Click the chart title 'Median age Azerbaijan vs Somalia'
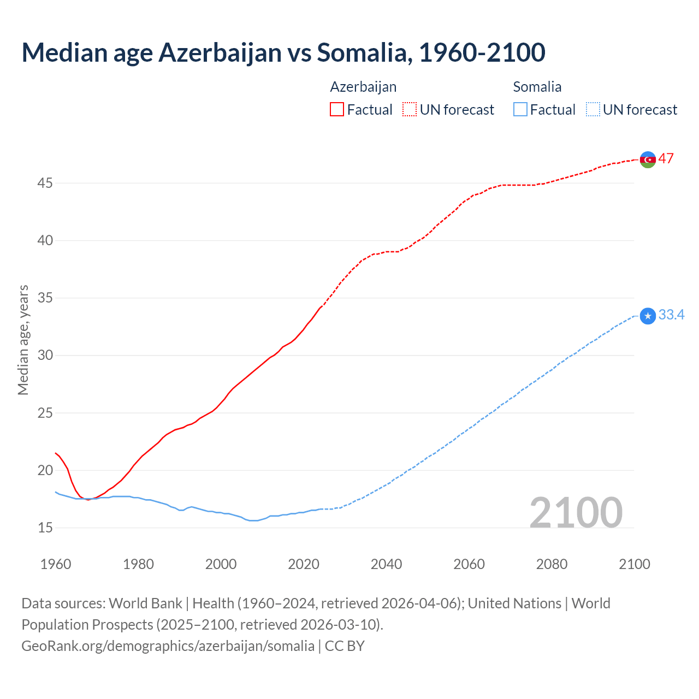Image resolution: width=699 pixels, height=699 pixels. tap(283, 52)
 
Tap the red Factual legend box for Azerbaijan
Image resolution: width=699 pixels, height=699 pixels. tap(337, 109)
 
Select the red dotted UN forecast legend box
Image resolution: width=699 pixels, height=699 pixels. tap(410, 109)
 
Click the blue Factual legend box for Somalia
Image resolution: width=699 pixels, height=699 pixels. tap(520, 109)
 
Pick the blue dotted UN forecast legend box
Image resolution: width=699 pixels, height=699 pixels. tap(593, 109)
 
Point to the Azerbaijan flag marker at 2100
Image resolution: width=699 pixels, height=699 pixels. tap(648, 159)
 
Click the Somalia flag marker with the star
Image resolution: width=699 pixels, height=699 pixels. tap(648, 316)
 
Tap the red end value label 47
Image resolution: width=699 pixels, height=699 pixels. tap(666, 158)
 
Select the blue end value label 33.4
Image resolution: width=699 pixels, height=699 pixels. tap(671, 315)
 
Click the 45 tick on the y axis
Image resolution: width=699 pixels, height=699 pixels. tap(45, 183)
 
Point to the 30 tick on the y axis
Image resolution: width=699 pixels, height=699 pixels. tap(45, 356)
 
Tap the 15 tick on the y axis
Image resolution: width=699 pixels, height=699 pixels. tap(45, 528)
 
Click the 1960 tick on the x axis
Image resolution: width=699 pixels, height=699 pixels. tap(56, 564)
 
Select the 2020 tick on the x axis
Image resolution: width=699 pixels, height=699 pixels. tap(304, 564)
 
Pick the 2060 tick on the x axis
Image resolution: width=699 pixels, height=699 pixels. tap(469, 564)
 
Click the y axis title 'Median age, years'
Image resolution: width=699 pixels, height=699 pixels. tap(23, 340)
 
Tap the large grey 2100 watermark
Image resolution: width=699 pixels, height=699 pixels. tap(576, 512)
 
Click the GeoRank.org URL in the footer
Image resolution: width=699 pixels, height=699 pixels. tap(168, 645)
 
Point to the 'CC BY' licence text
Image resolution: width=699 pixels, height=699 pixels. tap(345, 645)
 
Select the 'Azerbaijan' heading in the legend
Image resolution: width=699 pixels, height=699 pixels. tap(363, 87)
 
